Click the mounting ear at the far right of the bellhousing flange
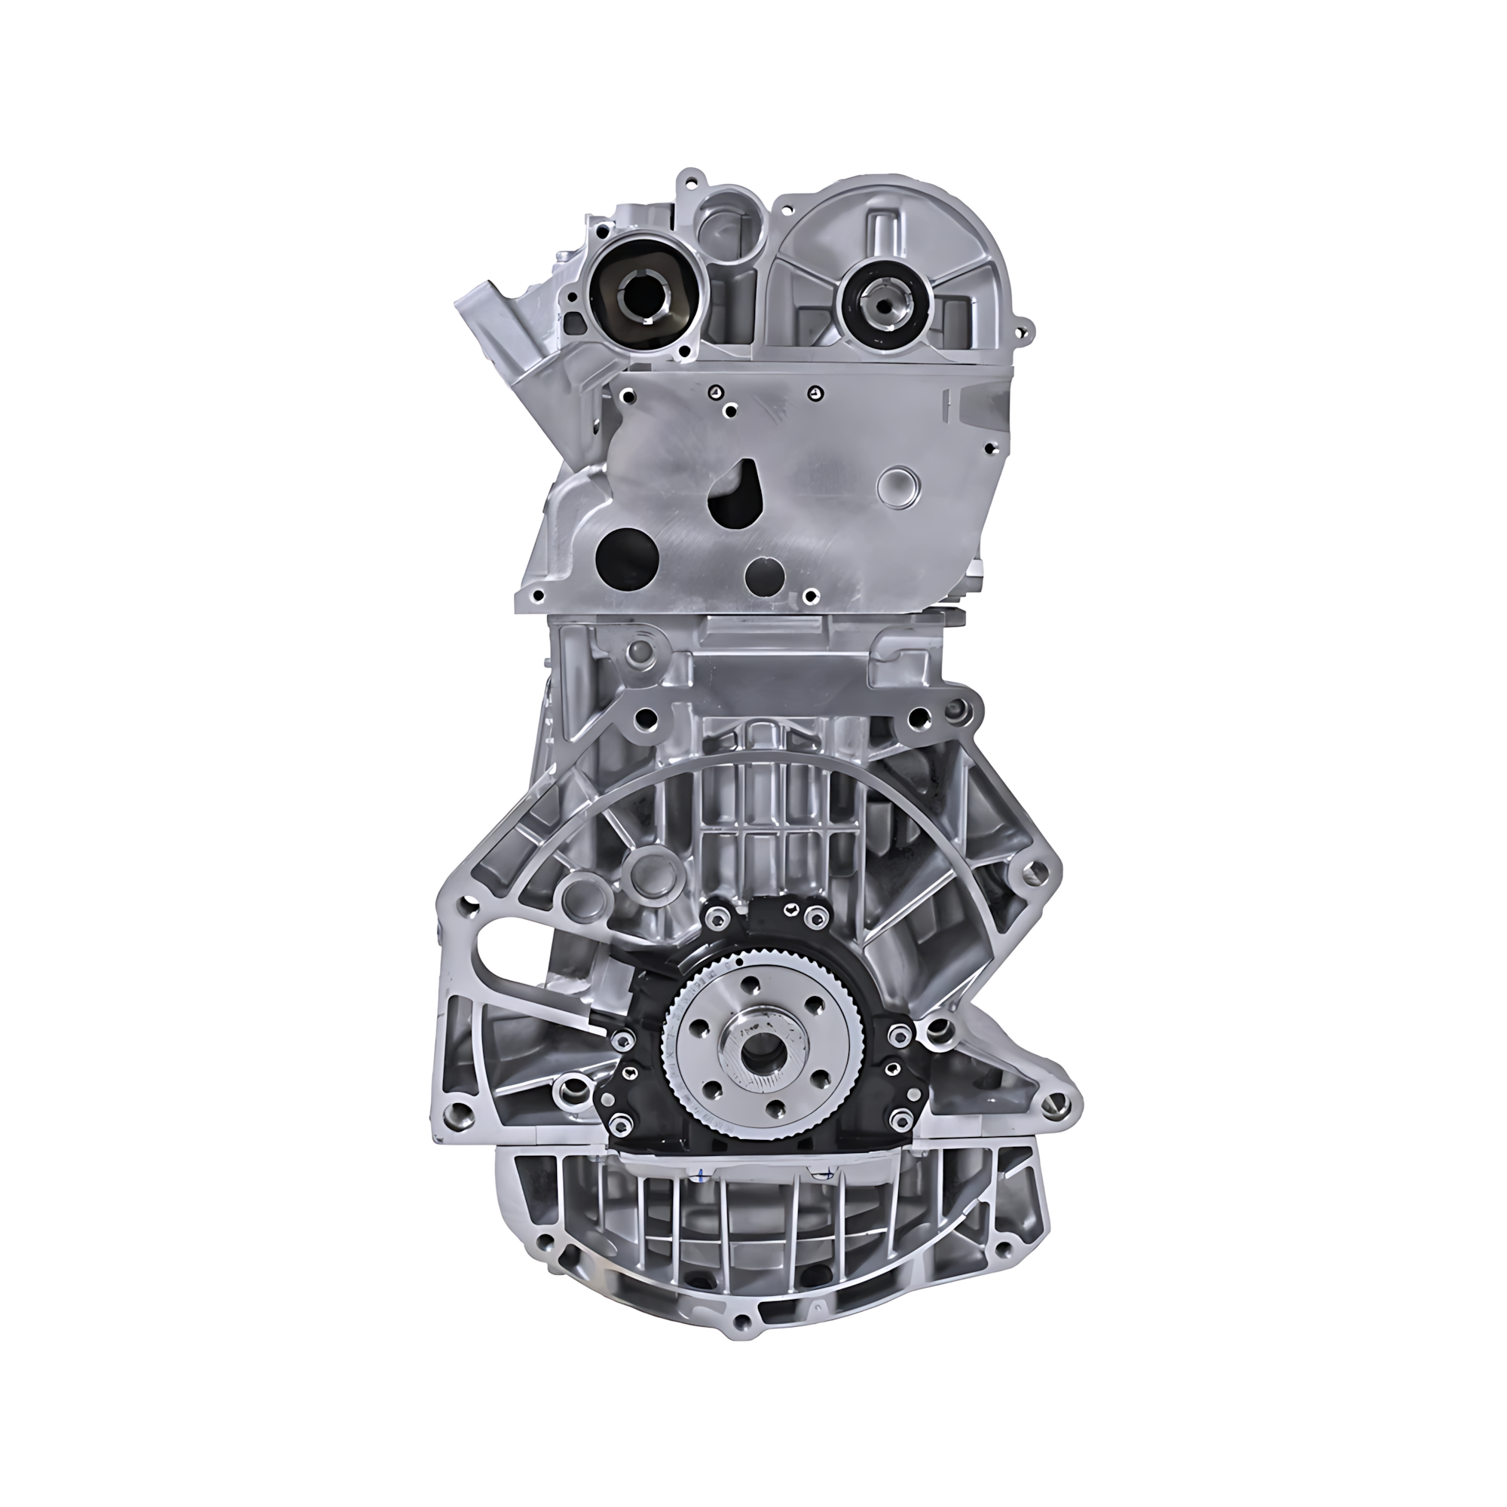pyautogui.click(x=1036, y=868)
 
